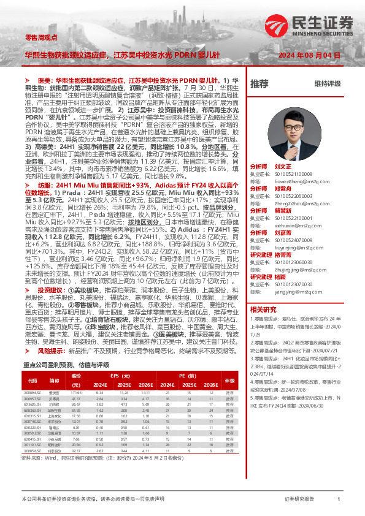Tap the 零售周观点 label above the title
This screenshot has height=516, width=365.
[39, 37]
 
